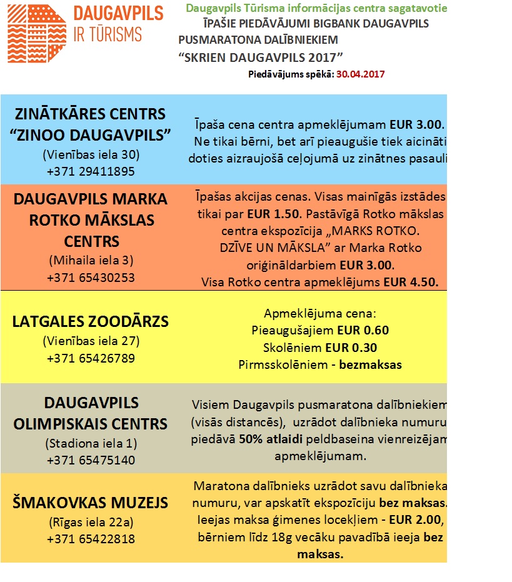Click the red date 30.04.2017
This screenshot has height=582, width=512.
360,73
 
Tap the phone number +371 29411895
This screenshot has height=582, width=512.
91,171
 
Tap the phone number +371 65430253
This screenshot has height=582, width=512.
91,278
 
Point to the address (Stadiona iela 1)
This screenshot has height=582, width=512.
91,444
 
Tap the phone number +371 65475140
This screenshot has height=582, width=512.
91,460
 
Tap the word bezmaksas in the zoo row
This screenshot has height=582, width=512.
370,364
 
